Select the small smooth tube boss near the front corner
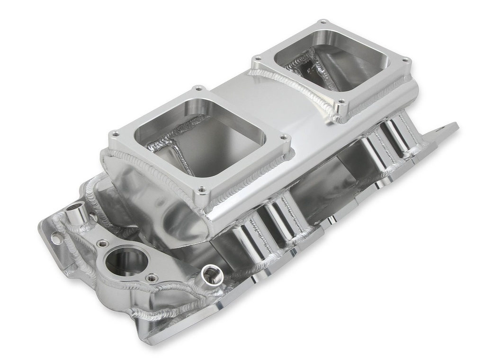point(77,214)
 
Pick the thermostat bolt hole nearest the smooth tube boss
point(101,243)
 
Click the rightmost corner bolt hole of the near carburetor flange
point(284,137)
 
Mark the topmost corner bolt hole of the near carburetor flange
point(197,88)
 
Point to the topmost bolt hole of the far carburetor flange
point(323,22)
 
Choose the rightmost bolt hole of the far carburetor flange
point(405,60)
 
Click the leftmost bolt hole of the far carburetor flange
point(258,58)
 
